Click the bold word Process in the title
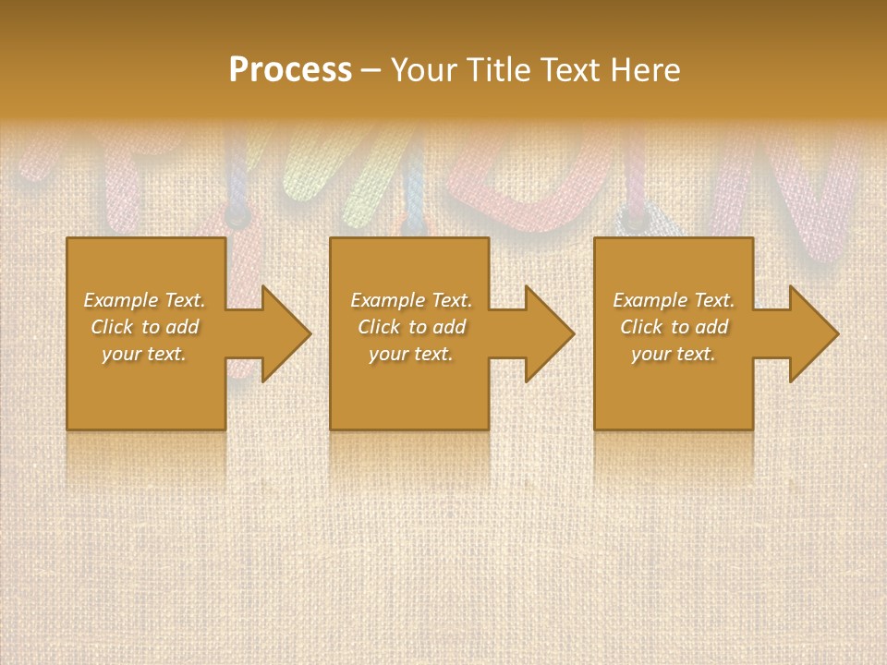[x=290, y=69]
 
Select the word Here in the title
[x=645, y=69]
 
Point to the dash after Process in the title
[x=371, y=71]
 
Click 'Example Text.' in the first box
[x=144, y=300]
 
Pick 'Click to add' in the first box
[x=144, y=327]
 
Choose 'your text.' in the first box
[x=144, y=354]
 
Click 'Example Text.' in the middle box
[x=411, y=300]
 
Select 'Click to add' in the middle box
[x=411, y=327]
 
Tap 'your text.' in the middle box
[x=411, y=354]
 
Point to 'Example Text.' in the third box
[x=674, y=300]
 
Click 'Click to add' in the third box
[x=674, y=327]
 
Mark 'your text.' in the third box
[x=674, y=354]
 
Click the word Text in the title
[x=567, y=69]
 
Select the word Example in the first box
[x=121, y=300]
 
